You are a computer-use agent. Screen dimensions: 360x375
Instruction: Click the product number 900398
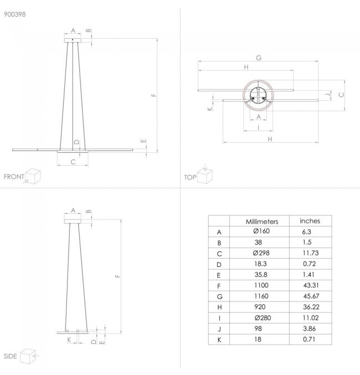click(x=15, y=14)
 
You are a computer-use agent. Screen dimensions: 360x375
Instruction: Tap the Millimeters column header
click(x=262, y=222)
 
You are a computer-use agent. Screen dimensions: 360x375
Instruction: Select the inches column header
click(x=310, y=221)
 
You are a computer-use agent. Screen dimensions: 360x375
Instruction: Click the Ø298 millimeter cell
click(x=261, y=253)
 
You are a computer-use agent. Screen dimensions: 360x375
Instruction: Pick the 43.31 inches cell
click(x=311, y=285)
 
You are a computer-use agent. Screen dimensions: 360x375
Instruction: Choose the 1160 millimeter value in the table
click(x=261, y=296)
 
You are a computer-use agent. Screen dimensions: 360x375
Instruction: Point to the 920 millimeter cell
click(x=260, y=307)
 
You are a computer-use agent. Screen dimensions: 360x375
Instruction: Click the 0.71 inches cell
click(x=309, y=339)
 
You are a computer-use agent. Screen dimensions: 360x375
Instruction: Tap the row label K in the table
click(x=219, y=340)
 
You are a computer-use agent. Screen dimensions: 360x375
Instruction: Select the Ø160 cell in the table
click(x=261, y=231)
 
